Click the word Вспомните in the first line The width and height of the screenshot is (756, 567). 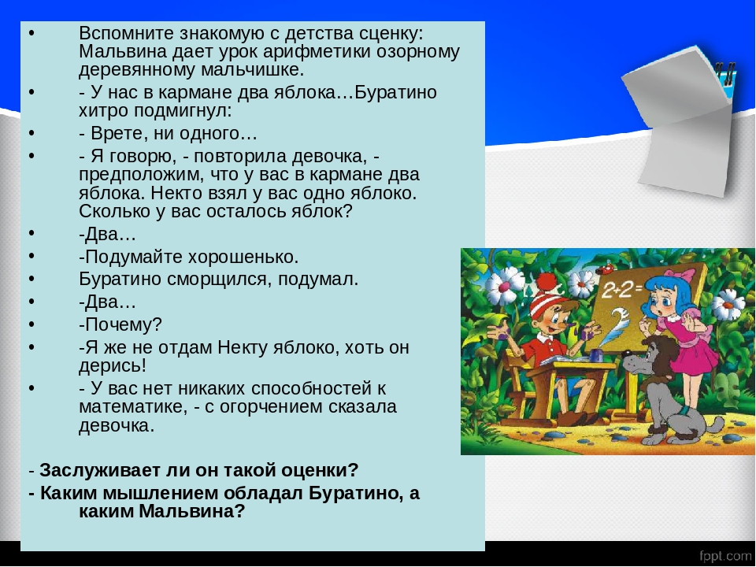click(127, 34)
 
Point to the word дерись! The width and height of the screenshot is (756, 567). click(113, 366)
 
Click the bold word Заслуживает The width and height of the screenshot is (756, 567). click(100, 470)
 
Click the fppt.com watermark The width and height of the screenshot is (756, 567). click(725, 555)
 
